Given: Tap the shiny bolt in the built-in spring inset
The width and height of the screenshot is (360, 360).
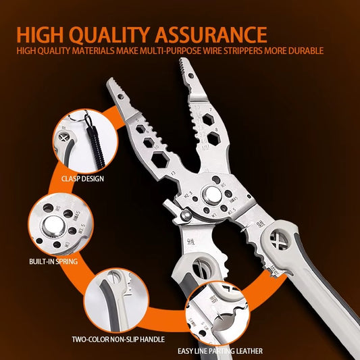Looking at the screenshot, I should [53, 225].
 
